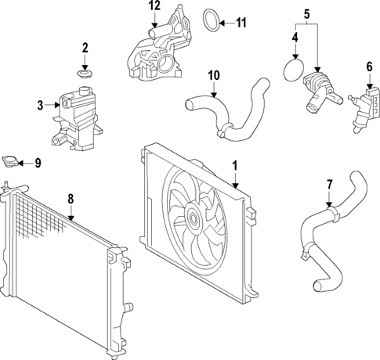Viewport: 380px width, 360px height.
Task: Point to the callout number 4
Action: [x=295, y=37]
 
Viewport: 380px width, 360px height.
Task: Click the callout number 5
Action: [x=306, y=13]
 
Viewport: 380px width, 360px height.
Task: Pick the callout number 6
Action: [x=369, y=68]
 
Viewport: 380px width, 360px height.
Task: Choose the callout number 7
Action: [x=329, y=184]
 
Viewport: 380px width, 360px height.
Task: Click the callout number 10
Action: [x=212, y=76]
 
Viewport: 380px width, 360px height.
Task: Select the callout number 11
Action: [x=241, y=23]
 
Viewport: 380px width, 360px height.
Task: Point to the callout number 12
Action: [x=154, y=6]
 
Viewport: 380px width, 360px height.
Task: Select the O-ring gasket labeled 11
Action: [x=211, y=20]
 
